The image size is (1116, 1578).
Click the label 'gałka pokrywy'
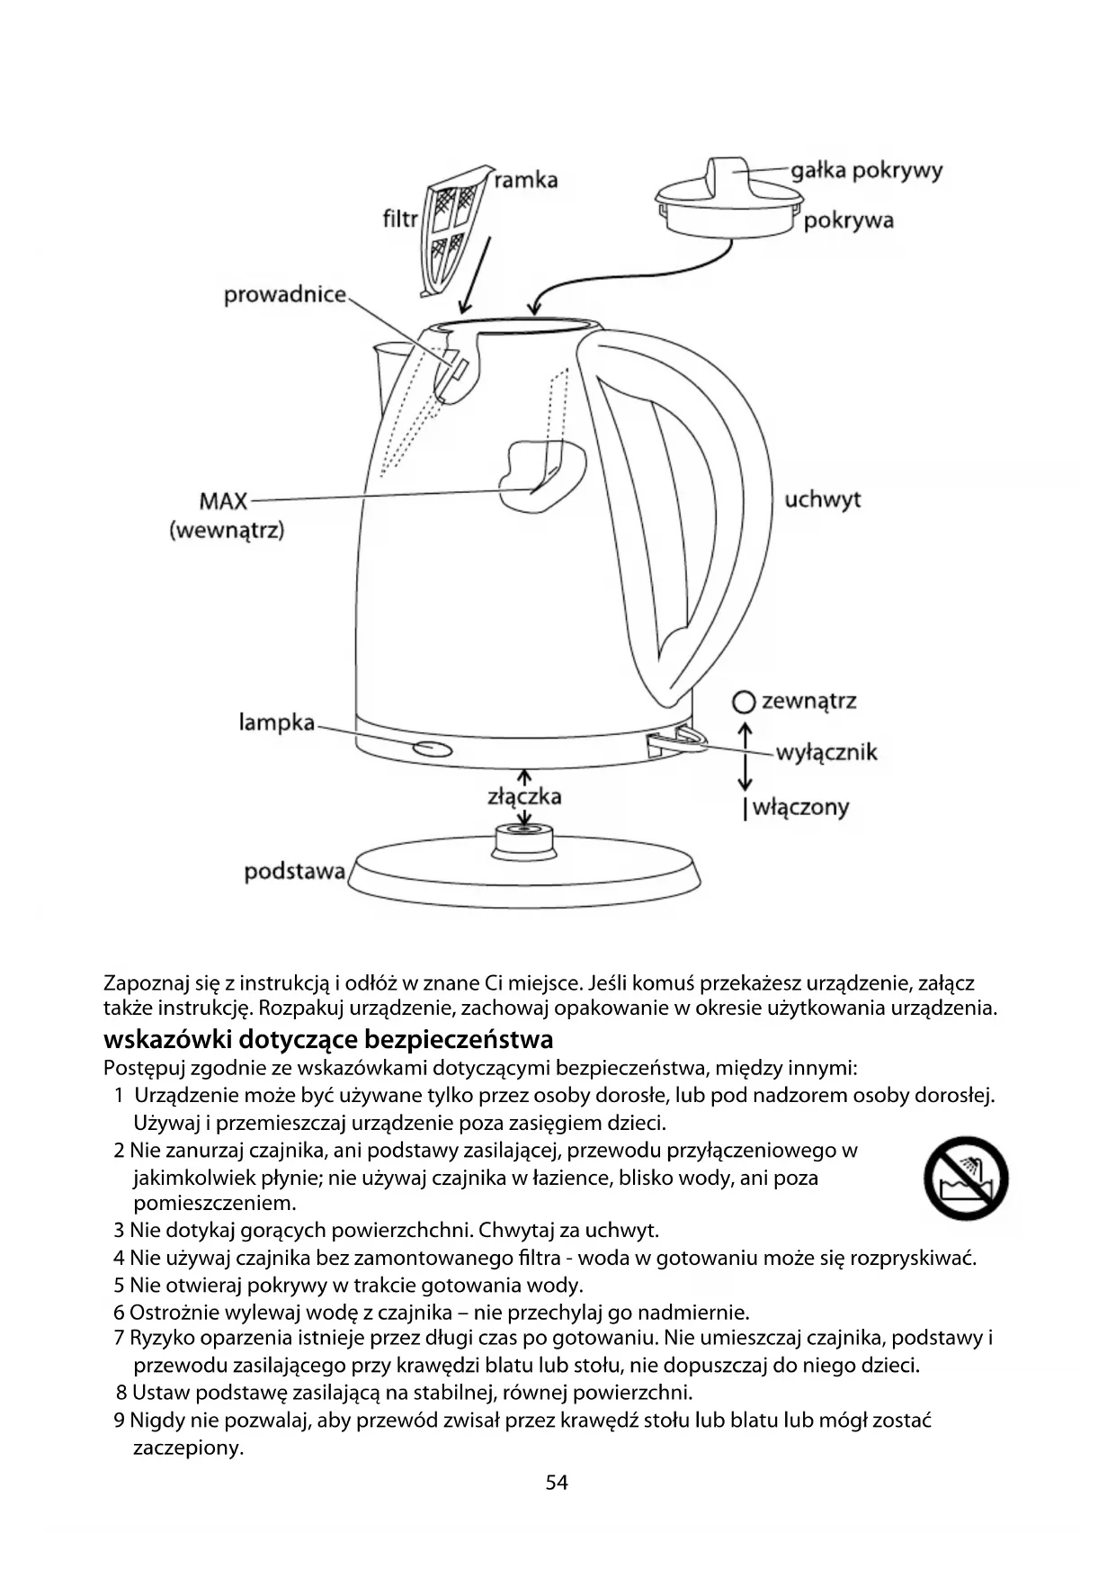(866, 171)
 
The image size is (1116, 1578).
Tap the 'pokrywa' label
(848, 220)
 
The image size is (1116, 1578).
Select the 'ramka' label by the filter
(526, 180)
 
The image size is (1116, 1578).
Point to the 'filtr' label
(400, 219)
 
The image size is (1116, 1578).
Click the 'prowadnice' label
(285, 295)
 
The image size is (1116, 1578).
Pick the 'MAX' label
(223, 500)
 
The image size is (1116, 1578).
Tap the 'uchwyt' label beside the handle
(822, 499)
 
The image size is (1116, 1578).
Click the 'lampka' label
(277, 722)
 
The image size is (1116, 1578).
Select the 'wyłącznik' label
(826, 752)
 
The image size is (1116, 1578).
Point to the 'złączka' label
(524, 796)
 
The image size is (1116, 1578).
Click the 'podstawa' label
(295, 872)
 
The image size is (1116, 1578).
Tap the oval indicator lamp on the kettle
(432, 749)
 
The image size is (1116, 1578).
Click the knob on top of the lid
(728, 175)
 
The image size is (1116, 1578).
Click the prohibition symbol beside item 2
(966, 1178)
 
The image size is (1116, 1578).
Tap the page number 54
(557, 1483)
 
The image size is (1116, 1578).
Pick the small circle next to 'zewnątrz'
(743, 702)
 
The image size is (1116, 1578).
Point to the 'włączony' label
(799, 807)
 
